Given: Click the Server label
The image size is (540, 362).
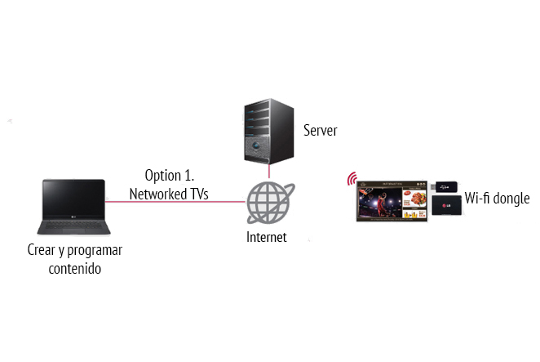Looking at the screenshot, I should pyautogui.click(x=320, y=131).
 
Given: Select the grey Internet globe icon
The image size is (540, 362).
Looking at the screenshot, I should pyautogui.click(x=269, y=203).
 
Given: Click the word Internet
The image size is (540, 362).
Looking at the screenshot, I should pyautogui.click(x=267, y=238).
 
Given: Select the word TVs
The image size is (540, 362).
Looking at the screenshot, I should pyautogui.click(x=198, y=194).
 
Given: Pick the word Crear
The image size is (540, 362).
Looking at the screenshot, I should pyautogui.click(x=42, y=250).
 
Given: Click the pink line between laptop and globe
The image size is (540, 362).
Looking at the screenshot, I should pyautogui.click(x=175, y=202).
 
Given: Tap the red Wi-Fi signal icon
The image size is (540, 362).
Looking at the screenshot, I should pyautogui.click(x=352, y=179).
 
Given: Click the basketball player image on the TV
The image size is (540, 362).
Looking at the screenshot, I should pyautogui.click(x=378, y=200).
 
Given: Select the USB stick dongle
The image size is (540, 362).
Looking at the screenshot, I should pyautogui.click(x=446, y=187).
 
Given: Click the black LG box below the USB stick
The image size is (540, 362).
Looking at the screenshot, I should pyautogui.click(x=446, y=205).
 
